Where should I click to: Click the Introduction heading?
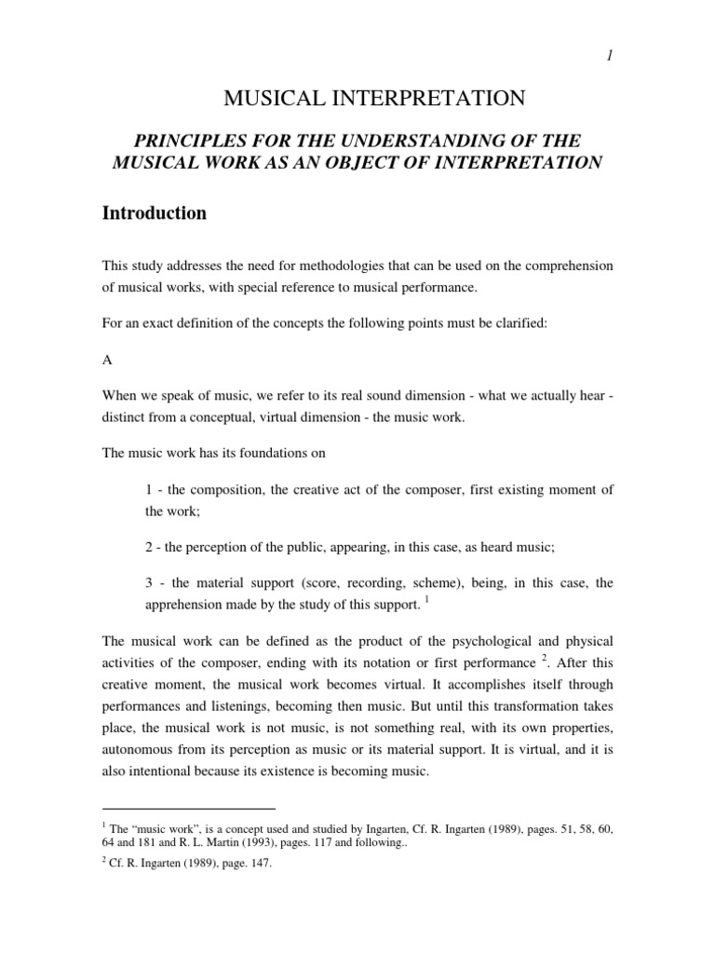click(x=154, y=213)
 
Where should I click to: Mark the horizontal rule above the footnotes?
click(x=189, y=810)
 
